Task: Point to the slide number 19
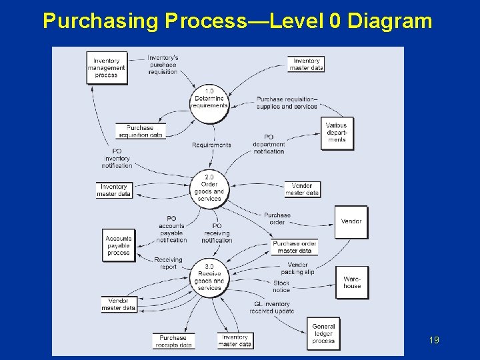click(x=434, y=341)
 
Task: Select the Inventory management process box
click(x=106, y=68)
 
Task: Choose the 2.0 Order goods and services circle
click(x=209, y=187)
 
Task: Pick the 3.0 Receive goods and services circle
click(x=209, y=277)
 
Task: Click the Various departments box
click(x=337, y=133)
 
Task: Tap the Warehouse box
click(x=352, y=282)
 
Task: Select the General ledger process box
click(x=323, y=333)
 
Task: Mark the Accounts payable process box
click(x=119, y=245)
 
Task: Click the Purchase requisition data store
click(x=140, y=131)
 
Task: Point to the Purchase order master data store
click(x=295, y=247)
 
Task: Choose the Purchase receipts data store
click(x=173, y=341)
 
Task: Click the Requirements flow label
click(x=211, y=145)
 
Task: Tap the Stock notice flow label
click(x=281, y=287)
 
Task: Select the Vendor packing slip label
click(x=297, y=268)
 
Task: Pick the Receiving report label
click(x=169, y=263)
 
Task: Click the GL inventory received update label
click(x=272, y=307)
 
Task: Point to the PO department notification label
click(x=269, y=144)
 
